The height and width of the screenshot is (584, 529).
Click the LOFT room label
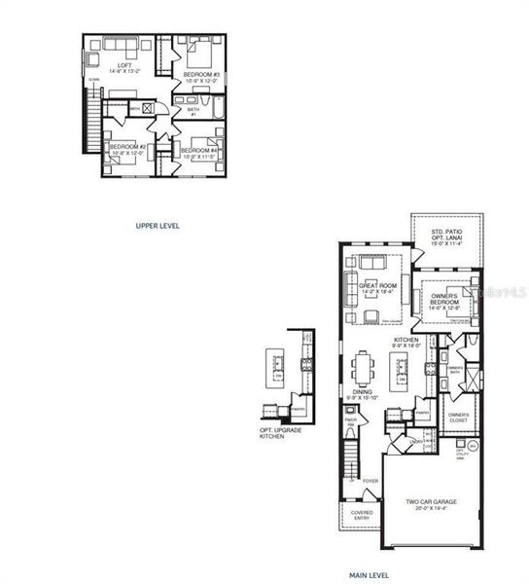[x=120, y=67]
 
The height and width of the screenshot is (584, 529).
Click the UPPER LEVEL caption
[x=158, y=225]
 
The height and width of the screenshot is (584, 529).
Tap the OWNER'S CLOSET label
[x=459, y=419]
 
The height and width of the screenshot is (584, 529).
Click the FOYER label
[x=370, y=481]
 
